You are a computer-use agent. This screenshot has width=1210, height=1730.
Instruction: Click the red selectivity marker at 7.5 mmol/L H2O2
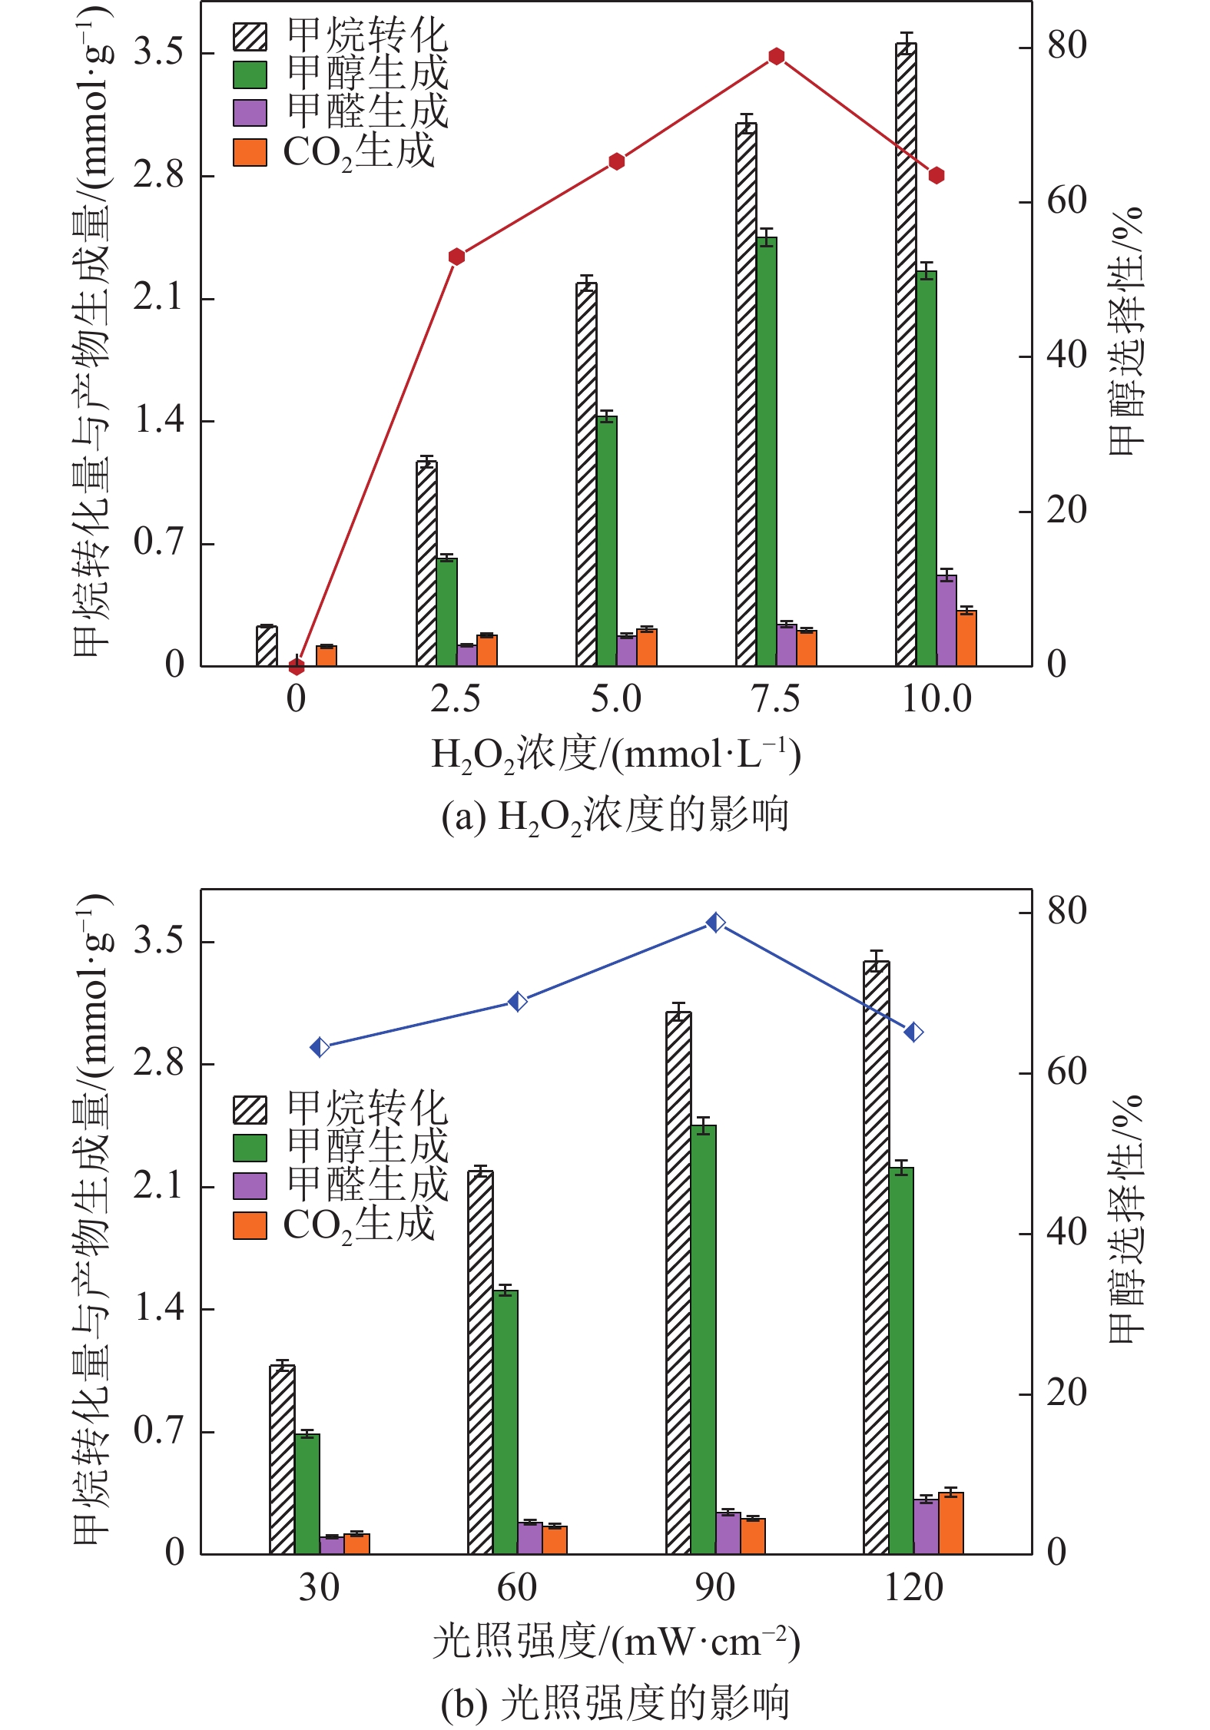coord(776,56)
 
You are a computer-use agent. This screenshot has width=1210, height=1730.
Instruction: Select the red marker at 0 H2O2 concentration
coord(297,666)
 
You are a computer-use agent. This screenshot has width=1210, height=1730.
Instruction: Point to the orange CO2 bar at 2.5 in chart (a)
coord(487,650)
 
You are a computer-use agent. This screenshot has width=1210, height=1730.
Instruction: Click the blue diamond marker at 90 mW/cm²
coord(715,922)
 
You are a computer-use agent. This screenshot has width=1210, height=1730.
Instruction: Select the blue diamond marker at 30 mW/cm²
coord(320,1047)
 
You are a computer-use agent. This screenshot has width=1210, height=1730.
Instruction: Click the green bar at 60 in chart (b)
coord(506,1422)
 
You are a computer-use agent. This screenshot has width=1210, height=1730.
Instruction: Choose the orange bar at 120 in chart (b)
coord(950,1523)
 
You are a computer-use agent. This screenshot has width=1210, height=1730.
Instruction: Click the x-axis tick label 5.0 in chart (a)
coord(616,700)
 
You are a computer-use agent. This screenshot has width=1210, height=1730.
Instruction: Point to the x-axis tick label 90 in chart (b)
coord(714,1588)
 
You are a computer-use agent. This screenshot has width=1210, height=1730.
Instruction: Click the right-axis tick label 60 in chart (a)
coord(1066,201)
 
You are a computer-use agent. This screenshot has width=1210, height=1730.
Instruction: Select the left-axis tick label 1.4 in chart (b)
coord(159,1308)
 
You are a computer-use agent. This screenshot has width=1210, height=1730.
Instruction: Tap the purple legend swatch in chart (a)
coord(250,113)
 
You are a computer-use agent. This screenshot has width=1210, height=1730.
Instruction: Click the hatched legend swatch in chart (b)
coord(250,1109)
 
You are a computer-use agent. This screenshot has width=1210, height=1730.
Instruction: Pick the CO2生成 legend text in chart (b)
coord(359,1225)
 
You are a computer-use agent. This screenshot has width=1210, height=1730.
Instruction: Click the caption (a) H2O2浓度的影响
coord(615,816)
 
